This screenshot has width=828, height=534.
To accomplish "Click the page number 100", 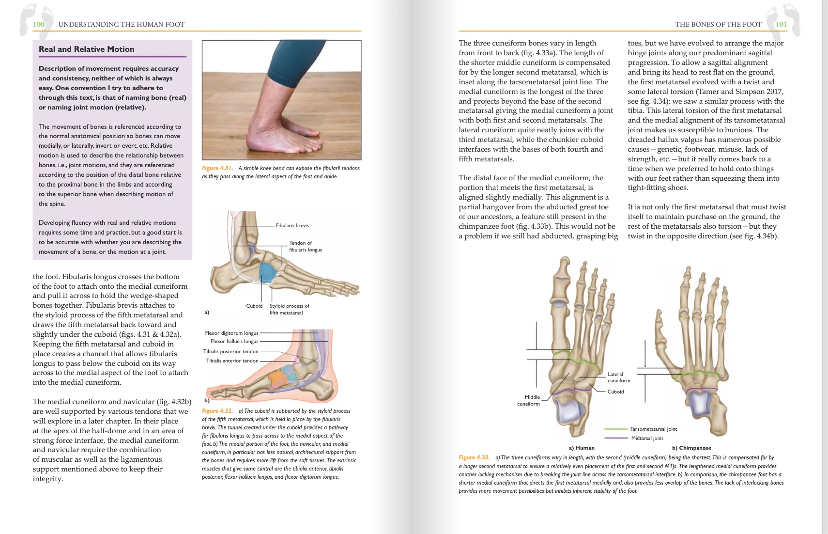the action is pos(38,24).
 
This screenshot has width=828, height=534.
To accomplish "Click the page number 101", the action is pos(781,24).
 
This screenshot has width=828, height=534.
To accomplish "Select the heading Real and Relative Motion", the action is pos(87,49).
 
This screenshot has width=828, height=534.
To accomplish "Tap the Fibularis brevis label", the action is pos(292,226).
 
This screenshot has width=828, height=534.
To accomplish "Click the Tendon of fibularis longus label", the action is pos(306,246).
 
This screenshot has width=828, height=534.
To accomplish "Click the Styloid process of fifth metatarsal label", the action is pos(290,309).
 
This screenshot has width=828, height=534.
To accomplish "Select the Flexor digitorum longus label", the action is pos(232,333).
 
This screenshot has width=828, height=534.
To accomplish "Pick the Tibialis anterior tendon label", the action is pos(232,361).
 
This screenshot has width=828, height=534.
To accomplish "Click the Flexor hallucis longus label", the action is pos(234,341).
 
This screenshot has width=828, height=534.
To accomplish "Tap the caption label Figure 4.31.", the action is pos(217,168).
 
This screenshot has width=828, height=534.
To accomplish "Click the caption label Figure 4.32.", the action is pos(217,411).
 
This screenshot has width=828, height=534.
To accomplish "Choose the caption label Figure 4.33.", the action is pos(474,457).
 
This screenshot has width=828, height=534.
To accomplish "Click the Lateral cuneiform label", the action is pos(619,377).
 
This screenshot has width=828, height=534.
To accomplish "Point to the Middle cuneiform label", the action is pos(529,400).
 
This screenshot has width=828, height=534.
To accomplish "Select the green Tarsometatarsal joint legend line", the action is pos(616,429).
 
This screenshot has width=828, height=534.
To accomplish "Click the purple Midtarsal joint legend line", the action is pos(616,438).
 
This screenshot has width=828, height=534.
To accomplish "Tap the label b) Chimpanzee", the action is pos(691,448).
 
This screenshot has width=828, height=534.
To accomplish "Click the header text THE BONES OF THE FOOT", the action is pos(718,24).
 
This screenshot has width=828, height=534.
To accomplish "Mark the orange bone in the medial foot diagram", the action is pos(276,378).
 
